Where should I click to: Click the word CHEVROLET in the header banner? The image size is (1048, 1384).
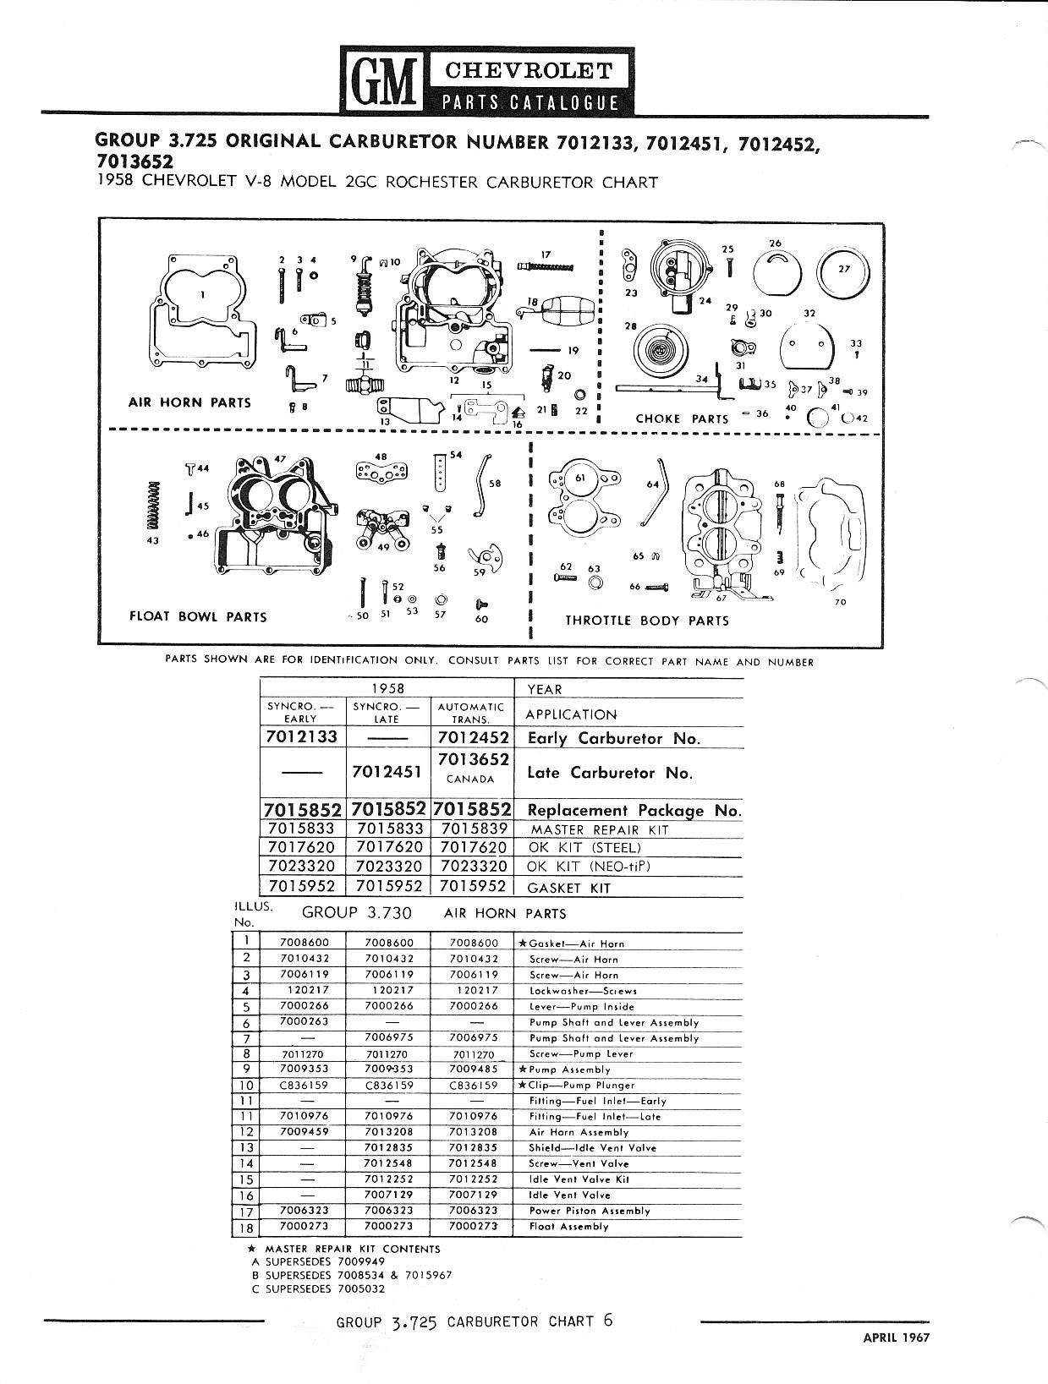click(529, 71)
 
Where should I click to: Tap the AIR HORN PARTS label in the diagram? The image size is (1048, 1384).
click(189, 402)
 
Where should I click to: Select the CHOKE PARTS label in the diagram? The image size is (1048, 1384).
click(682, 418)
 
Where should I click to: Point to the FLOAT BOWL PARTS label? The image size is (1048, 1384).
click(198, 616)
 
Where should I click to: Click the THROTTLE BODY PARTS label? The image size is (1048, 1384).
click(647, 621)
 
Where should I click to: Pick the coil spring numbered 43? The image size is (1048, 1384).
click(152, 506)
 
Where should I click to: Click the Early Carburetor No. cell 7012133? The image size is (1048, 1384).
click(301, 736)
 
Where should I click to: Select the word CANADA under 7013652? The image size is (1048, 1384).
click(470, 780)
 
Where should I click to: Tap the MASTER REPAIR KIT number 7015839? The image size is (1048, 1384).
click(474, 829)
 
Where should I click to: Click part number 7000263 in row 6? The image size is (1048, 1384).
click(304, 1021)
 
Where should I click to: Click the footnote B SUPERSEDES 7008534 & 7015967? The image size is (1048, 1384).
click(352, 1274)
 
